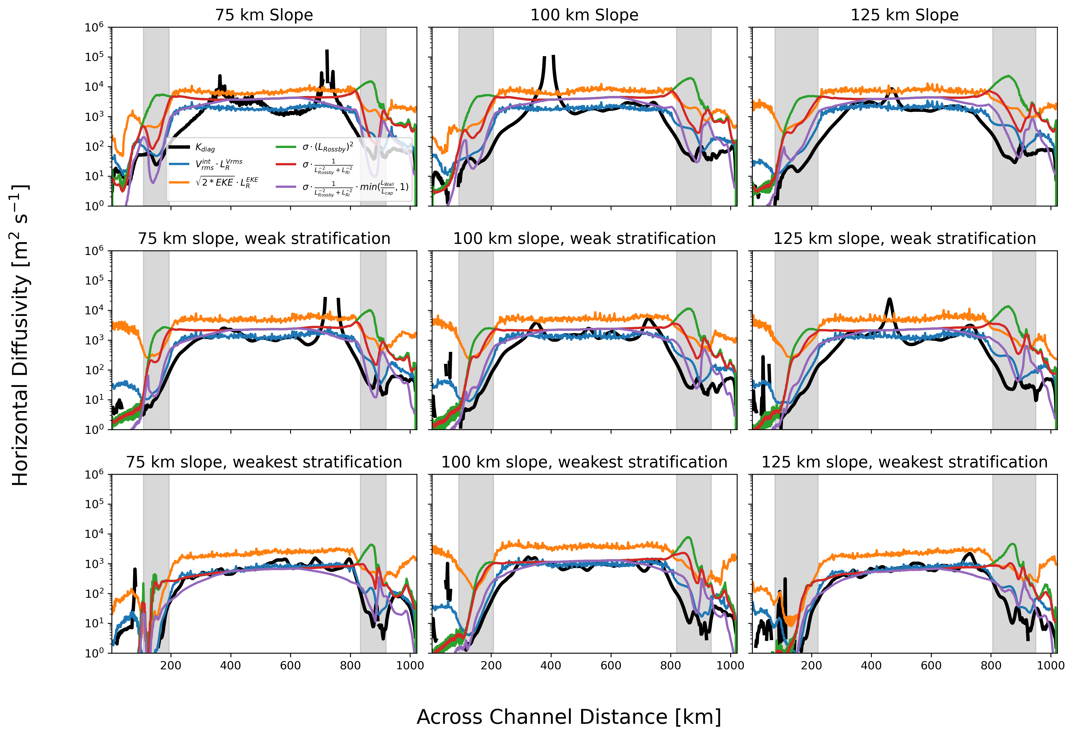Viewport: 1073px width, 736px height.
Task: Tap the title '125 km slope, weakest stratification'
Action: [x=905, y=462]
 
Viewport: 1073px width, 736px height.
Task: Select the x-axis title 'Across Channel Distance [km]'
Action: [x=569, y=716]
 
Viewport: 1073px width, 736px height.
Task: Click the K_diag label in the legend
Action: [x=205, y=148]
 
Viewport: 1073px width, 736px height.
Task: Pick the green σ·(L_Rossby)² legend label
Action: [x=328, y=147]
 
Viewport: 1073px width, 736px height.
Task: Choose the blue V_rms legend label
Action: [x=219, y=164]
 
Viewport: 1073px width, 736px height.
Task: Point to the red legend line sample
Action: [x=286, y=164]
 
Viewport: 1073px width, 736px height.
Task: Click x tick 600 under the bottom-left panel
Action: [x=290, y=665]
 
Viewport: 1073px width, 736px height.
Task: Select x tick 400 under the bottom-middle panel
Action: [x=551, y=665]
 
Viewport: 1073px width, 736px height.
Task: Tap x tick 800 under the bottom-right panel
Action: [x=991, y=665]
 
